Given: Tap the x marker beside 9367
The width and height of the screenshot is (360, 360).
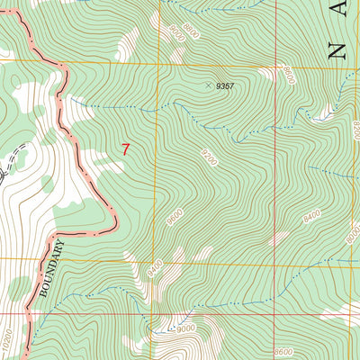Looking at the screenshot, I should click(209, 86).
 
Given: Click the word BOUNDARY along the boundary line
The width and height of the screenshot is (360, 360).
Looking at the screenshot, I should click(51, 266).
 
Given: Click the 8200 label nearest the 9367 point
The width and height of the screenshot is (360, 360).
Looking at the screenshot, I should click(287, 76).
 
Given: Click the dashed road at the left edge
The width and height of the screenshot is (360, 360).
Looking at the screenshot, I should click(7, 166).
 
